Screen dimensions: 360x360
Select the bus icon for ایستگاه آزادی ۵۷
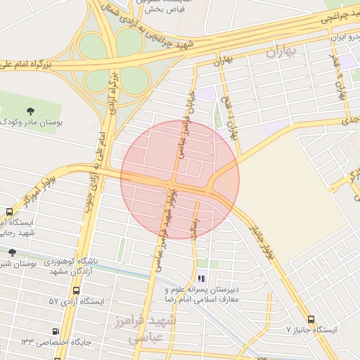coord(76,290)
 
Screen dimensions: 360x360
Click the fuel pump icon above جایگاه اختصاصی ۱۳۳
coord(56,331)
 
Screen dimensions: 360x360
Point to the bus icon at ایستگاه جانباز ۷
coord(311,319)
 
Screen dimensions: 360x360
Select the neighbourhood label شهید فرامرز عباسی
coord(155,330)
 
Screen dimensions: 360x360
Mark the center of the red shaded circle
coord(180,180)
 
